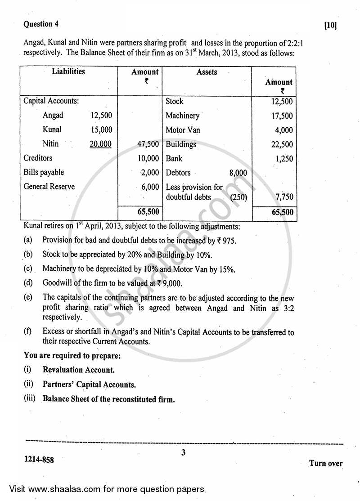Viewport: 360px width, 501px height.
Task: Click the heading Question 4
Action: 41,24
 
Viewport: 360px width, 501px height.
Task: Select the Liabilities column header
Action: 68,72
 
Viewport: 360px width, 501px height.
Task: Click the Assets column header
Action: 207,72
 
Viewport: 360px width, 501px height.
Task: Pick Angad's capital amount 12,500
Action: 101,116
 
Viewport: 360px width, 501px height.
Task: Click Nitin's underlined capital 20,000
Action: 101,144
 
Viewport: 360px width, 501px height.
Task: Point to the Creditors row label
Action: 38,158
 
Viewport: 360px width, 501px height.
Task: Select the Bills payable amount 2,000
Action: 150,173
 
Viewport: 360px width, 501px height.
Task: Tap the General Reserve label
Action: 49,187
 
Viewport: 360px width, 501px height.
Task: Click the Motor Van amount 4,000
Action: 283,130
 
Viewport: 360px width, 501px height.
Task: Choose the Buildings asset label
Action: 181,144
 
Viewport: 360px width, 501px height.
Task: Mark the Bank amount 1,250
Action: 282,159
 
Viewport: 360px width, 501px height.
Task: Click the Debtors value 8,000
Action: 238,173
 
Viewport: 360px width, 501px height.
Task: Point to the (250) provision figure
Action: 238,197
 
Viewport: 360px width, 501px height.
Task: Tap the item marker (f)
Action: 28,332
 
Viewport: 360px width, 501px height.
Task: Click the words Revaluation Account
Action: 79,370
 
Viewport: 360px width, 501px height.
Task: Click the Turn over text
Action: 326,463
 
